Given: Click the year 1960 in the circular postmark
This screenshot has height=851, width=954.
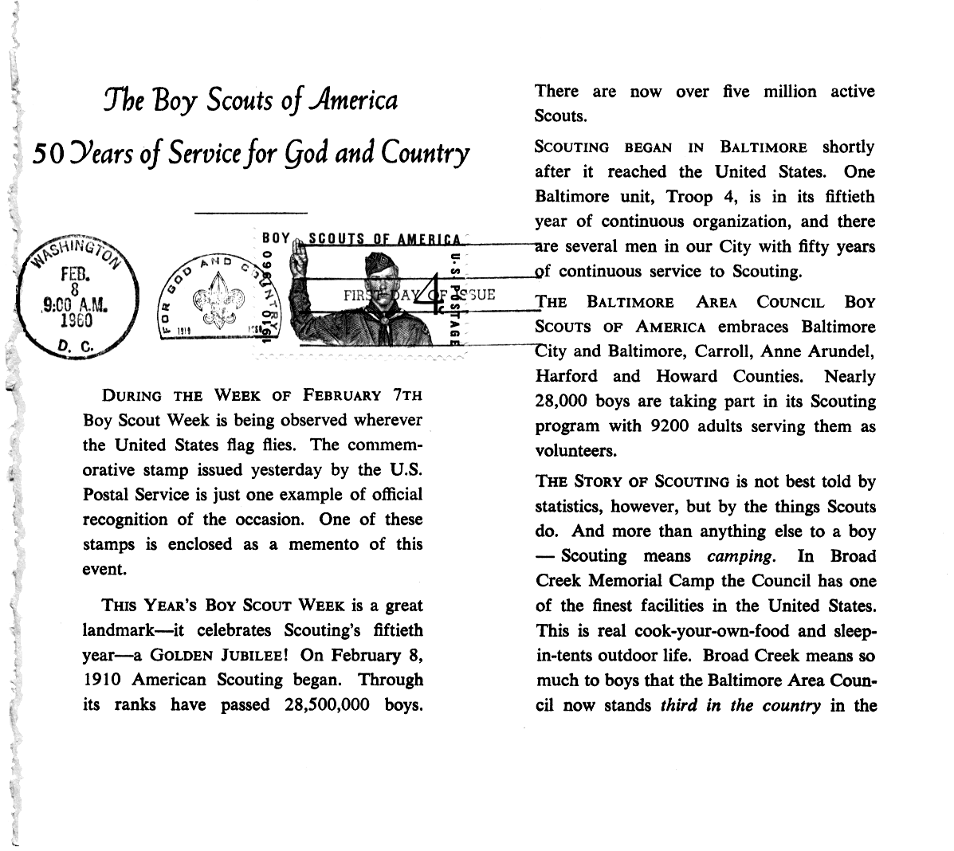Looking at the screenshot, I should coord(77,320).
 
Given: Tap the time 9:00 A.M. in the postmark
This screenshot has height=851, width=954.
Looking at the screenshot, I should coord(76,304).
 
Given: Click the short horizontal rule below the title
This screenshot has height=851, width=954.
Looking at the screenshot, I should coord(250,213).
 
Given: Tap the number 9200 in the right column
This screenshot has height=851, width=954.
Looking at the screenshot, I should coord(670,426).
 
